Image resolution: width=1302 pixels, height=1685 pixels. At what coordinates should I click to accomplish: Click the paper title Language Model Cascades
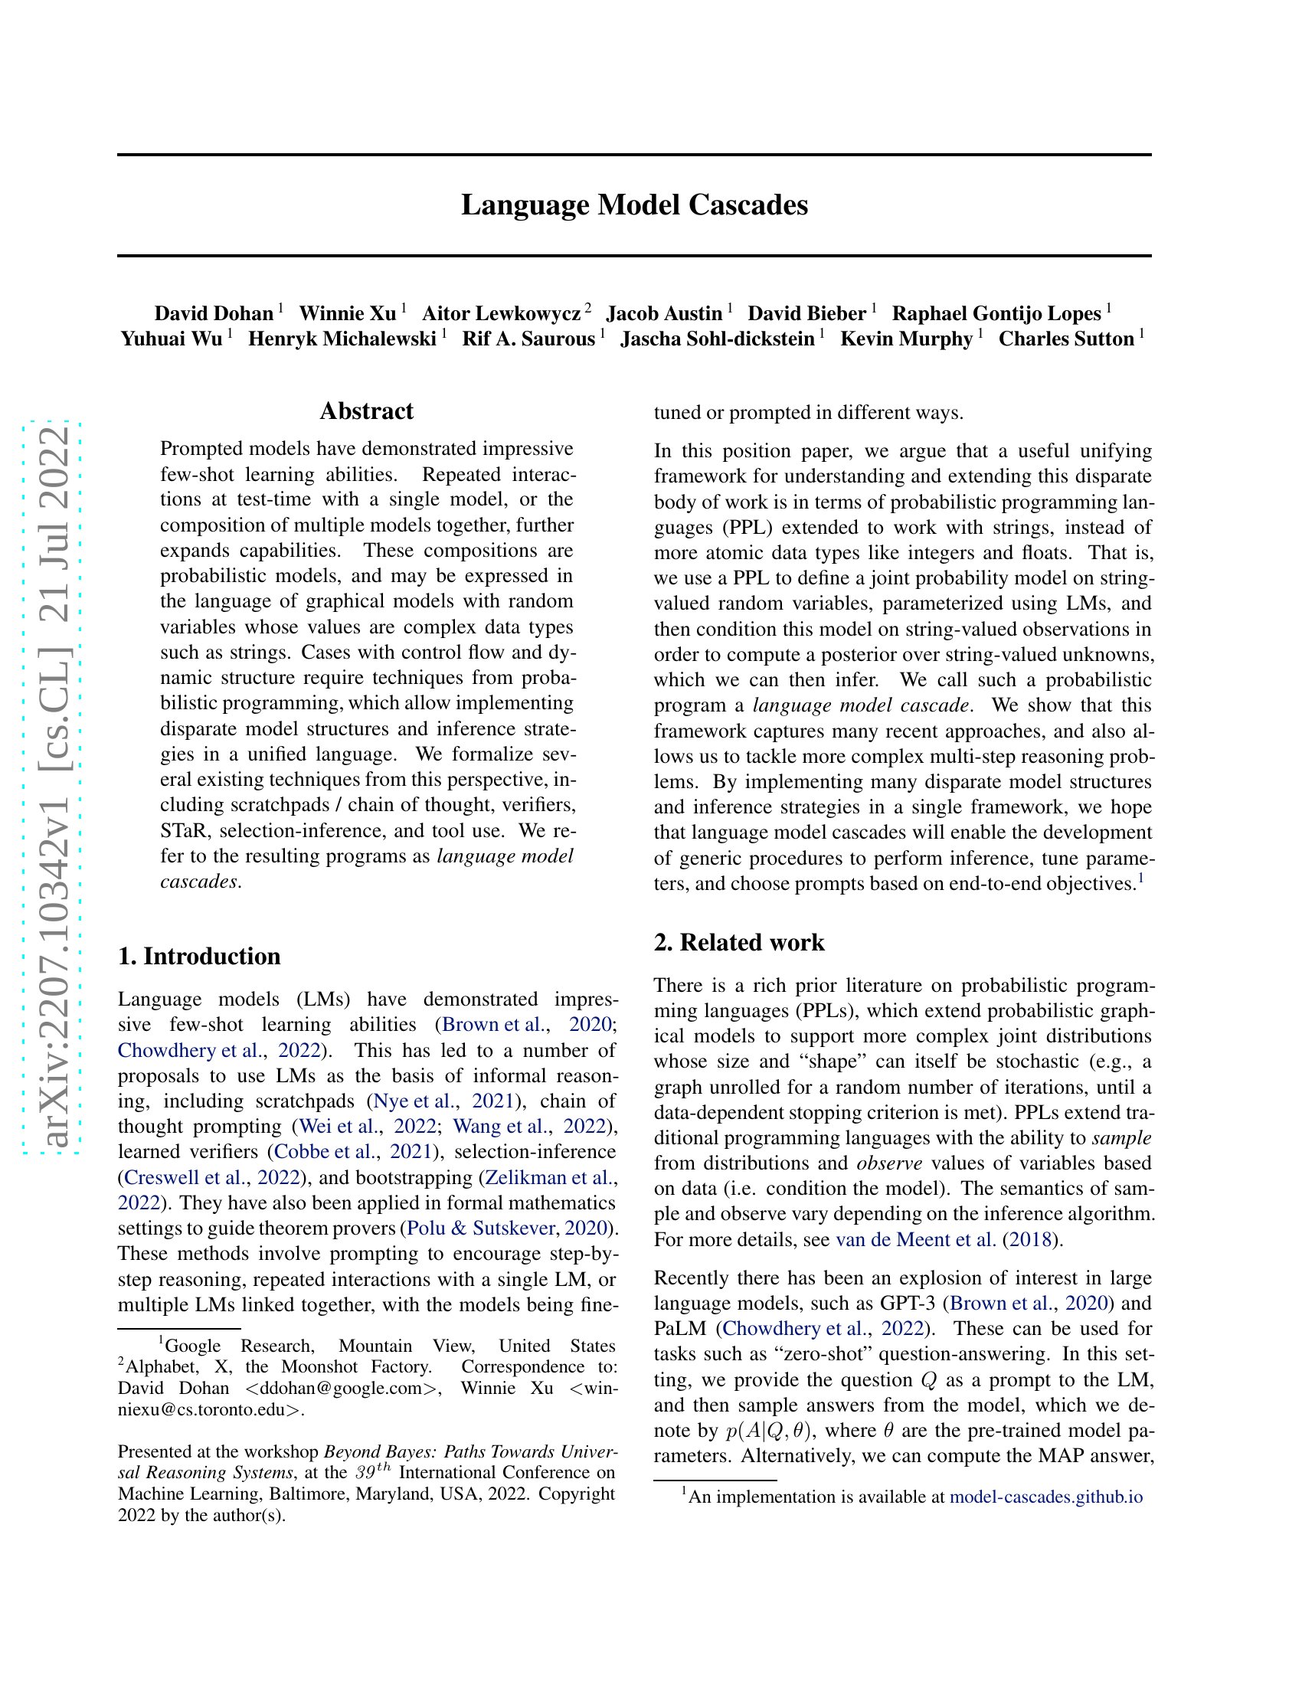[634, 205]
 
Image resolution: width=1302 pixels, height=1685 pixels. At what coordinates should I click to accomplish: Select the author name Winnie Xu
[347, 313]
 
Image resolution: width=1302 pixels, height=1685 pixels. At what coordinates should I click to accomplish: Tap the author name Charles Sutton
[1066, 339]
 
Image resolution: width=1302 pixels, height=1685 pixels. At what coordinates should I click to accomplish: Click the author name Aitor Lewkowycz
[501, 313]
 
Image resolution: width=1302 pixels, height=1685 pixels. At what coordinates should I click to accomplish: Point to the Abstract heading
[366, 411]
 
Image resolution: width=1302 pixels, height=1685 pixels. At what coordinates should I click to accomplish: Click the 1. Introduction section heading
[199, 956]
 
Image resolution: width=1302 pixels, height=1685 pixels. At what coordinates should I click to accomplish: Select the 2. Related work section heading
[739, 942]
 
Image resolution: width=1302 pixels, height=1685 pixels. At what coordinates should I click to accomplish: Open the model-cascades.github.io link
[1046, 1497]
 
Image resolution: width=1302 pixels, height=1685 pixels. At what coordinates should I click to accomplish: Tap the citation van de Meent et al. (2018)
[944, 1240]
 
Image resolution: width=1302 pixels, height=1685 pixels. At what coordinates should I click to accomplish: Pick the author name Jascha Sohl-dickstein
[718, 339]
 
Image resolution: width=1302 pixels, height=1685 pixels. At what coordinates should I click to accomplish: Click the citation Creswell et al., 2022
[211, 1177]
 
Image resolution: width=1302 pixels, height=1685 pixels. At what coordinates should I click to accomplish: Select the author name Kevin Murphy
[906, 339]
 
